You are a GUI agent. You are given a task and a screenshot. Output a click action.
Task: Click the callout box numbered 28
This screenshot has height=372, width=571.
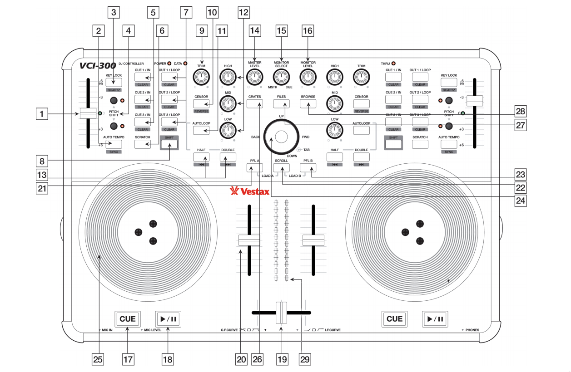point(521,111)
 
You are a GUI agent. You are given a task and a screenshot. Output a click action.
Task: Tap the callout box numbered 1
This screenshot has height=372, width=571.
point(43,115)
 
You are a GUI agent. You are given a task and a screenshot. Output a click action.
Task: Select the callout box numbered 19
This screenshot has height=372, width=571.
point(282,359)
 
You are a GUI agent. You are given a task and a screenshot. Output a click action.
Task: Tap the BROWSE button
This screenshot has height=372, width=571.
point(308,104)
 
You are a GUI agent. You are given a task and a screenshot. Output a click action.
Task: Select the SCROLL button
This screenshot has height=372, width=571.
point(282,168)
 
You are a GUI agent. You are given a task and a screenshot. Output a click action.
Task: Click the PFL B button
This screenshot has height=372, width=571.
point(308,168)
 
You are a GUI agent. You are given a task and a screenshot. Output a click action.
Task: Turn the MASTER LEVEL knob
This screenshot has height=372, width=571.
point(254,78)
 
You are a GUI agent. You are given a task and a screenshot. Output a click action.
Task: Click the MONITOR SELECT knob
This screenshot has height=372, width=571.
point(282,78)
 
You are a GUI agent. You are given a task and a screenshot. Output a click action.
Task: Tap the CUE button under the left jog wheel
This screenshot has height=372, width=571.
point(128,319)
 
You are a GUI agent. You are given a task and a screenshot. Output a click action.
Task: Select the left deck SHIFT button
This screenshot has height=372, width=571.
point(169,144)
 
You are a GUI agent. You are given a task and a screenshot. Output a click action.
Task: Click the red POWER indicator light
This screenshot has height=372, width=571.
point(169,64)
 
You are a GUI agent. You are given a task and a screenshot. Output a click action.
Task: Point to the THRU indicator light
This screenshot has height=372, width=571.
point(393,64)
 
